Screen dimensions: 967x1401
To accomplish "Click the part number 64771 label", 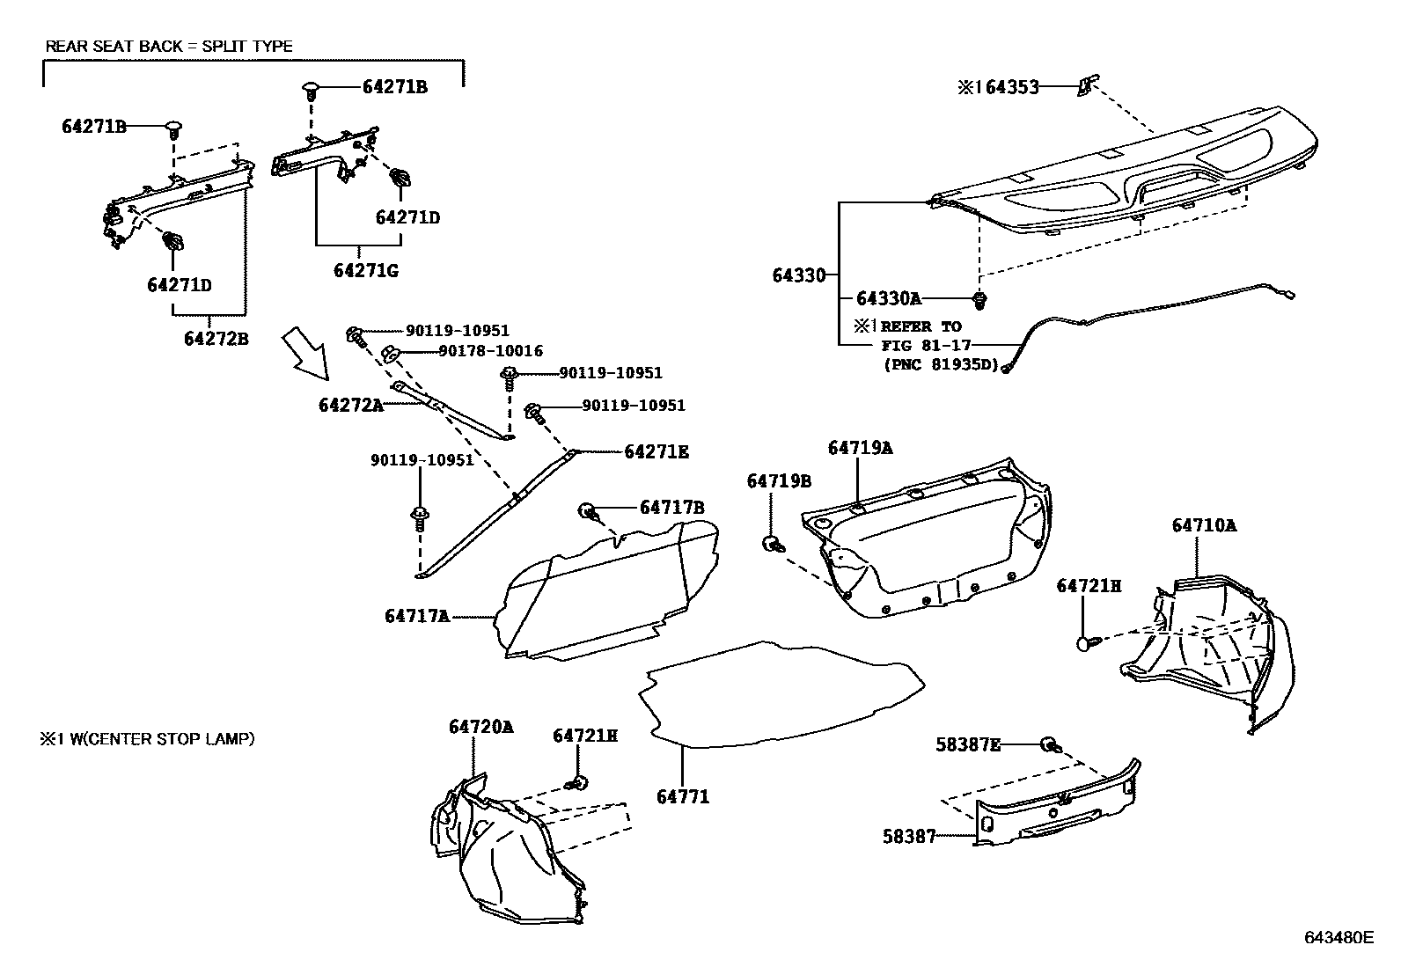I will click(682, 797).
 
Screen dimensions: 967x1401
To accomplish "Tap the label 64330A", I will click(888, 297).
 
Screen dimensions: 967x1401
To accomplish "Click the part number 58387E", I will click(967, 744).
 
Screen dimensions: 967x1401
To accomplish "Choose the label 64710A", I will click(1203, 525).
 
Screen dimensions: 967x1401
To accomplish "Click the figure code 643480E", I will click(1338, 937).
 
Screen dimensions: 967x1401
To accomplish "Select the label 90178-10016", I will click(490, 351).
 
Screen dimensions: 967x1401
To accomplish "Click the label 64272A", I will click(351, 405).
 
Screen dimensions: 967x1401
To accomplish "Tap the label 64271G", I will click(365, 270).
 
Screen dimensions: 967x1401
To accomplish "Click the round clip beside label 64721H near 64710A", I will click(1084, 643).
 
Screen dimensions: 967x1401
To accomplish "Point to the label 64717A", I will click(416, 616).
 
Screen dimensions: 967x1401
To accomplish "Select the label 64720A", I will click(480, 727).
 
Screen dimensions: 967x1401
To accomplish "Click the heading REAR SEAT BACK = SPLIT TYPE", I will click(169, 46).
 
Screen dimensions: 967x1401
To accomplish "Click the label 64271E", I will click(656, 452).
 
